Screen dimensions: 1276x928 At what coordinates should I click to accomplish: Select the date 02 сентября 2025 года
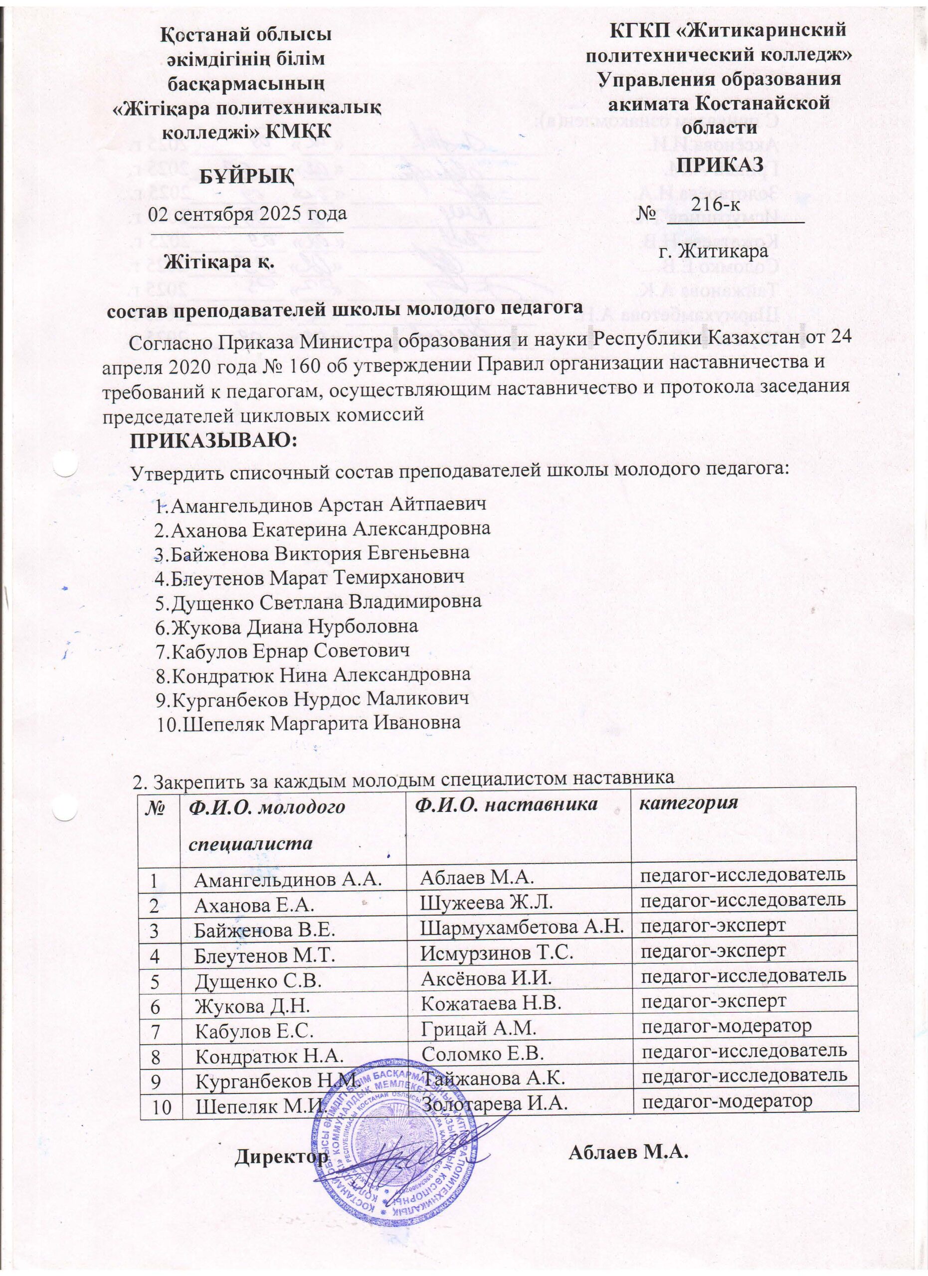pos(247,214)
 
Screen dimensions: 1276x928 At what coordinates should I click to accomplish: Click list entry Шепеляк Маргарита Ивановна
pos(308,723)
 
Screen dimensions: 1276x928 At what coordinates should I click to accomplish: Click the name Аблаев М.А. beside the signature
pos(629,1152)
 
